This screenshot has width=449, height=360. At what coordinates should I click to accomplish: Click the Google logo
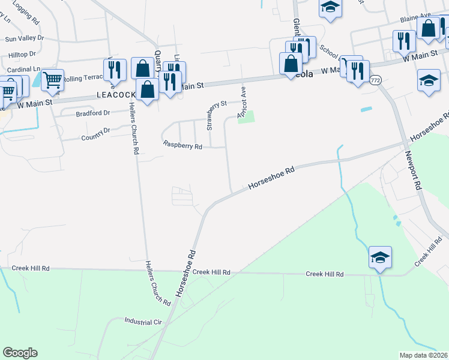pos(20,353)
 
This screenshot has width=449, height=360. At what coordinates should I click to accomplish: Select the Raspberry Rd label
pos(183,145)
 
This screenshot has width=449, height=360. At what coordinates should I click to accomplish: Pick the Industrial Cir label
pos(144,322)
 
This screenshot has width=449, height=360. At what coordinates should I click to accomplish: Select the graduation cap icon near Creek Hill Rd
pos(380,257)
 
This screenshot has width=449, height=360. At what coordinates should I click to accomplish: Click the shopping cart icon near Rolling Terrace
pos(52,79)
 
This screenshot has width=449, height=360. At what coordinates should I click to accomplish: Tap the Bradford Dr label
pos(93,113)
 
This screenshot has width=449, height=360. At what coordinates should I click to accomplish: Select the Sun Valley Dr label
pos(25,38)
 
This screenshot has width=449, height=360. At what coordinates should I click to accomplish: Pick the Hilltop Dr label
pos(22,54)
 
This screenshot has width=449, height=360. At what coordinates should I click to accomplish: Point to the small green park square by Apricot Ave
pos(246,117)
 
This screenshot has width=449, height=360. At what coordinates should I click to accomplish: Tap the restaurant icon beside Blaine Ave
pos(402,40)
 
